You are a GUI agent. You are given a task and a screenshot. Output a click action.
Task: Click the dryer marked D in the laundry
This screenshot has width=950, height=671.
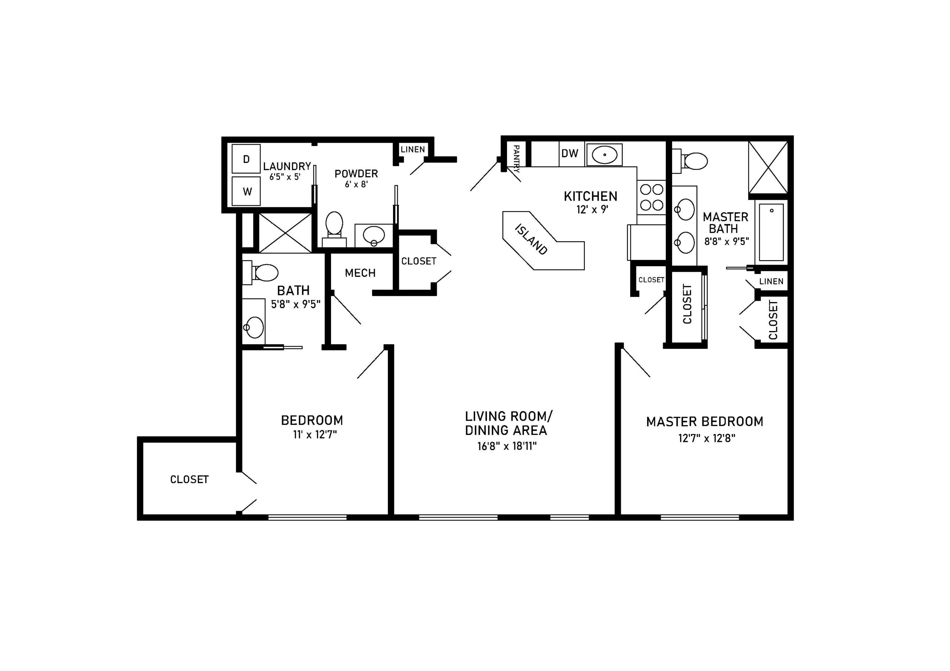(x=246, y=159)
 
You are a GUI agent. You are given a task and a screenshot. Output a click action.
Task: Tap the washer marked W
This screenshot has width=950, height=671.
(x=246, y=191)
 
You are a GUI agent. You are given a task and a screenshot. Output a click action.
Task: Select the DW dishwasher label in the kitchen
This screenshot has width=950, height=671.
(x=570, y=153)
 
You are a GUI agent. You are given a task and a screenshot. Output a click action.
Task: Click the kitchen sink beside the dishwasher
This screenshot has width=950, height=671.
(x=605, y=154)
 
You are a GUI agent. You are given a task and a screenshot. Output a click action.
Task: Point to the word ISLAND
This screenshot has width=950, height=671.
(x=531, y=239)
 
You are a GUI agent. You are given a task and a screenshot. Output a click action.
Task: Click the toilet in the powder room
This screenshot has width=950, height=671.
(x=334, y=229)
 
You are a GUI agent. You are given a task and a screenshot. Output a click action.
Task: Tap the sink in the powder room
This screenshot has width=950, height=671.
(x=374, y=236)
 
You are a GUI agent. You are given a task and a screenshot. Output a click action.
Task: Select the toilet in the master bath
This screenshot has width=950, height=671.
(x=690, y=161)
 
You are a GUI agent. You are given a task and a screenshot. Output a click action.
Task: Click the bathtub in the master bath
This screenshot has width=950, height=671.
(x=771, y=232)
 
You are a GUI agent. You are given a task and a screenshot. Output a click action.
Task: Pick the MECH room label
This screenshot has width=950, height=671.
(x=360, y=273)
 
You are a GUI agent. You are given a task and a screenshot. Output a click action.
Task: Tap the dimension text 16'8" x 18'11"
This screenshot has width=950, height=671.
(x=507, y=446)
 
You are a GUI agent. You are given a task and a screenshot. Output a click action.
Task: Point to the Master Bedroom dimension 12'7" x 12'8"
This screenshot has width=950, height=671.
(x=707, y=438)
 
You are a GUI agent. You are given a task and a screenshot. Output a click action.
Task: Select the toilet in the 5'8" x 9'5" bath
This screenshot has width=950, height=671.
(x=260, y=272)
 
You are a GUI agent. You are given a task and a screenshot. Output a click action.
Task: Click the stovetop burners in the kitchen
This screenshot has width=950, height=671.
(x=652, y=197)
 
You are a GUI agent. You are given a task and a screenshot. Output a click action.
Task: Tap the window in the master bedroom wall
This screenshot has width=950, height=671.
(x=700, y=517)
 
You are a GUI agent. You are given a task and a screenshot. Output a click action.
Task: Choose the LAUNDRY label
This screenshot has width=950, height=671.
(x=287, y=166)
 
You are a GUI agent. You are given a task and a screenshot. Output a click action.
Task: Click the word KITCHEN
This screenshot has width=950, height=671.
(x=590, y=196)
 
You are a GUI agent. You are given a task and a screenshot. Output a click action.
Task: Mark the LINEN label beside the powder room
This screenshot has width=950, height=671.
(x=413, y=150)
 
